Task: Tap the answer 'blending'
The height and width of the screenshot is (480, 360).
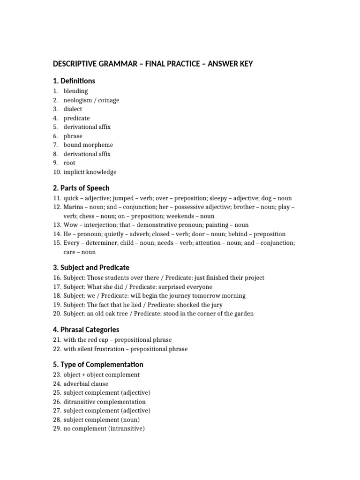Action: click(x=75, y=91)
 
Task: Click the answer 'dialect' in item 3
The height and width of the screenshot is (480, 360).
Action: click(x=73, y=109)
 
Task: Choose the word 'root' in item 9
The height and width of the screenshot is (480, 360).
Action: click(x=69, y=163)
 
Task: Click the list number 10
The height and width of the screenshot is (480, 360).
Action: click(x=57, y=172)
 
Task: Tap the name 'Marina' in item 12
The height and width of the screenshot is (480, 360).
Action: click(x=74, y=207)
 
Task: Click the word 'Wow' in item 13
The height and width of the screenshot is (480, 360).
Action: click(x=70, y=225)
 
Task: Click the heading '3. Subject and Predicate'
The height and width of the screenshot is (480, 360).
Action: click(x=91, y=267)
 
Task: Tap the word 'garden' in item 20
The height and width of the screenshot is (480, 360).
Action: click(x=244, y=314)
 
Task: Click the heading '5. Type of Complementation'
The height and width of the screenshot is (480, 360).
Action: click(x=98, y=364)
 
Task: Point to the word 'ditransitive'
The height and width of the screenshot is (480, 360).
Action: click(x=81, y=402)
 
